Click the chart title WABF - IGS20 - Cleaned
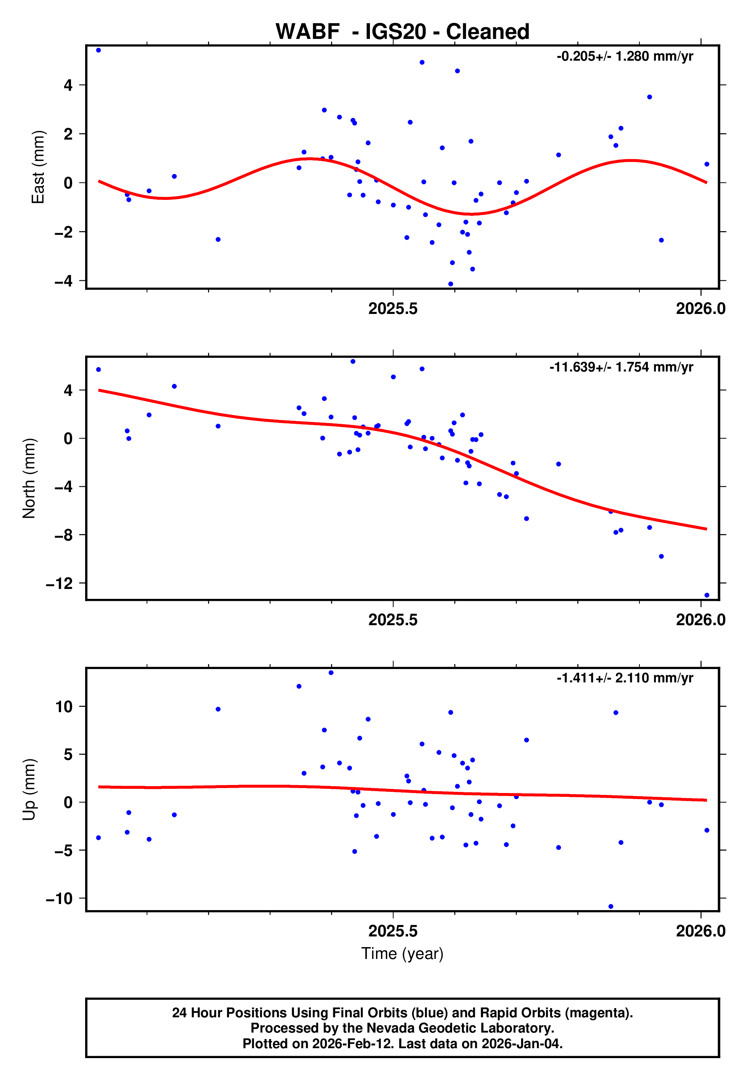tap(402, 32)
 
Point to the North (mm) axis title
tap(29, 478)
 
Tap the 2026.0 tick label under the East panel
tap(700, 309)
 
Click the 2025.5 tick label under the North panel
tap(393, 620)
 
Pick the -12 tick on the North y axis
tap(59, 584)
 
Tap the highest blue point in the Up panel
tap(331, 673)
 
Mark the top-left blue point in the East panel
tap(98, 50)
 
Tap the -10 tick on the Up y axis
tap(59, 899)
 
